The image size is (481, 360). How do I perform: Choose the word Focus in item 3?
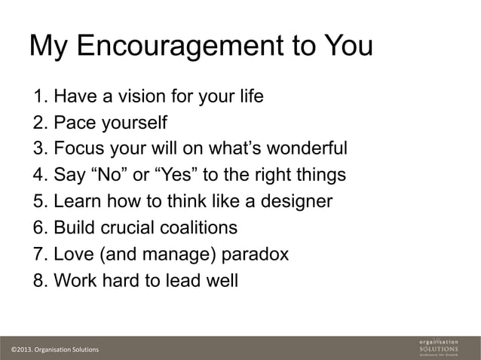pos(80,148)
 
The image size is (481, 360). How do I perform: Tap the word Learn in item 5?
pos(79,202)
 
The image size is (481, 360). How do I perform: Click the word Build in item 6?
pos(76,227)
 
